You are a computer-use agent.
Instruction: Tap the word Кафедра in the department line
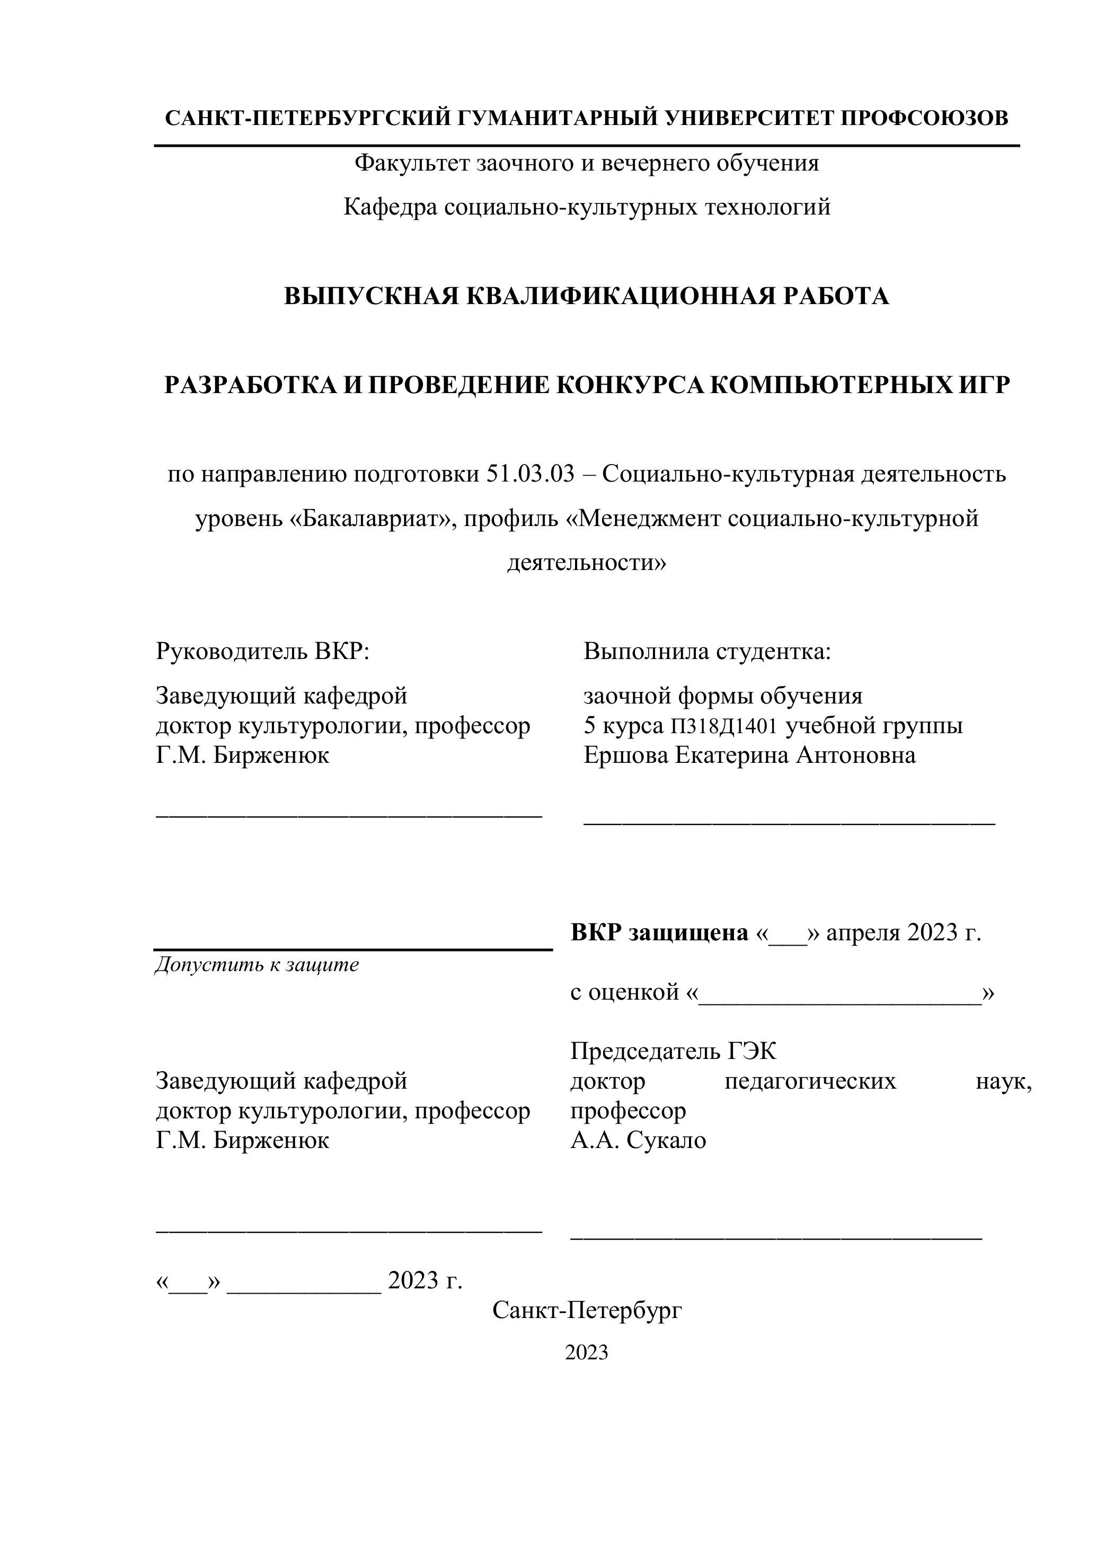[x=390, y=207]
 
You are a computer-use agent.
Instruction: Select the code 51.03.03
[x=530, y=474]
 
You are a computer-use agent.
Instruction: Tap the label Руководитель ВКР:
[x=262, y=651]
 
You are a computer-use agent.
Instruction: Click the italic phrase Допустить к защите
[x=257, y=965]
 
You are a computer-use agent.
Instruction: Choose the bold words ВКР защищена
[x=659, y=933]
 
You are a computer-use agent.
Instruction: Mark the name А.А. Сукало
[x=639, y=1140]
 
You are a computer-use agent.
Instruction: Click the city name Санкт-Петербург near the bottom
[x=587, y=1310]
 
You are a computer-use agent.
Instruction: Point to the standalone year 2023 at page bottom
[x=587, y=1352]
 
